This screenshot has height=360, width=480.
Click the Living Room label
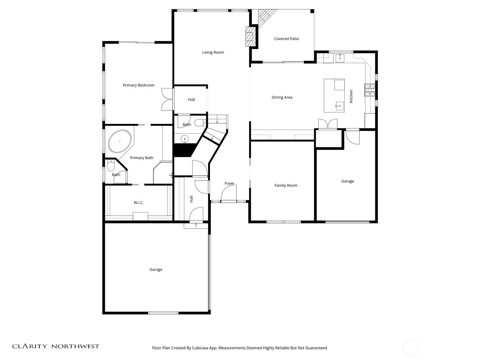[x=213, y=52]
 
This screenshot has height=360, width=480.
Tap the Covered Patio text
[x=286, y=39]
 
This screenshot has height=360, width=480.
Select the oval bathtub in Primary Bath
[x=120, y=141]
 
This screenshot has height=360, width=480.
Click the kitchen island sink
[x=340, y=106]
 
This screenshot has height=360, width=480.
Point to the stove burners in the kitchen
[x=370, y=90]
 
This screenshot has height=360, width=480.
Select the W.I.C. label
[x=139, y=203]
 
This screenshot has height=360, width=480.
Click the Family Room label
[x=286, y=185]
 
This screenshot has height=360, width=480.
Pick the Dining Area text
[x=282, y=97]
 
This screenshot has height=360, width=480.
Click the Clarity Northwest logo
[x=55, y=346]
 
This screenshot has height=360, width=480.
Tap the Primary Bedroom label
[x=139, y=85]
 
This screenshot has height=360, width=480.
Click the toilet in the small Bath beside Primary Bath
[x=111, y=165]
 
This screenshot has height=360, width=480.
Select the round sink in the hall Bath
[x=185, y=139]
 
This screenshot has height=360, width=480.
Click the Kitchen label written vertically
[x=351, y=96]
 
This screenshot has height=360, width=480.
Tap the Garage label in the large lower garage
[x=156, y=269]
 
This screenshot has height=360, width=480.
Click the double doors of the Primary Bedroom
[x=167, y=99]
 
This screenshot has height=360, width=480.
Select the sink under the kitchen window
[x=340, y=57]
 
